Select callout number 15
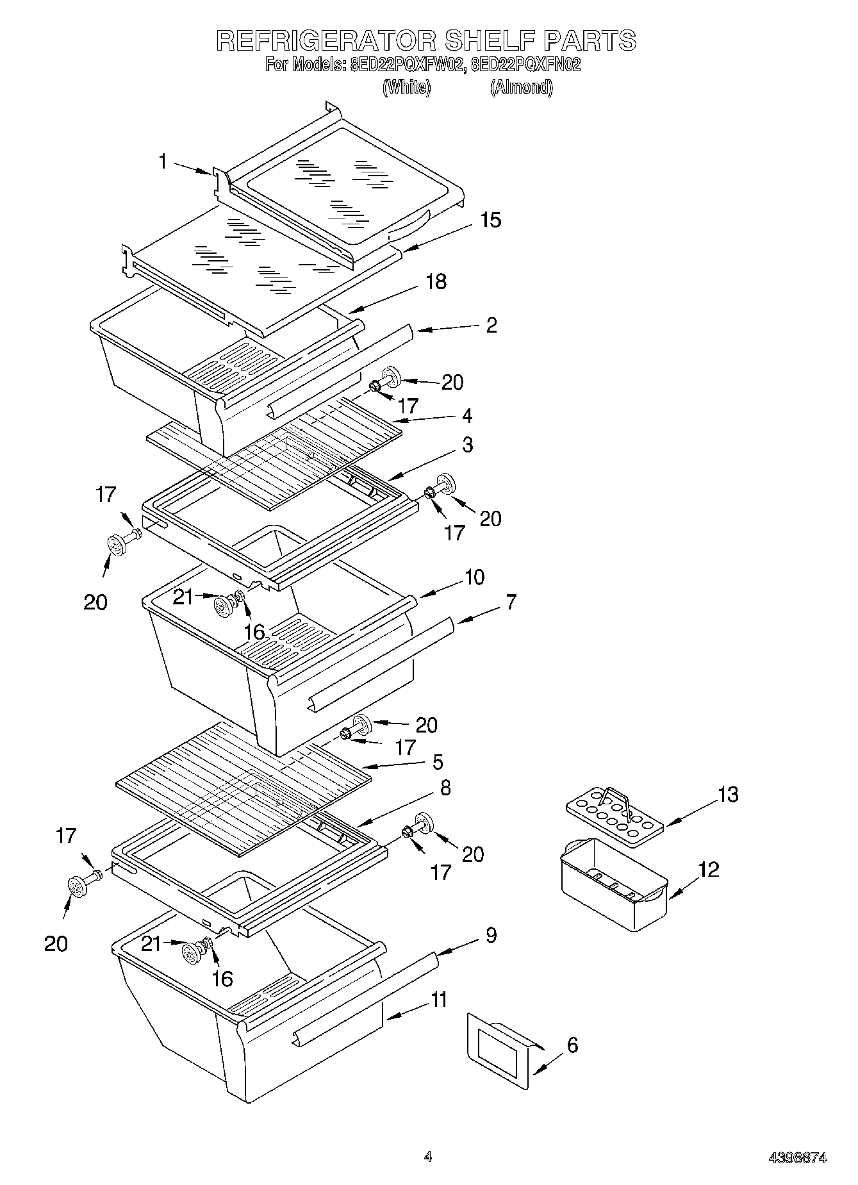coord(490,220)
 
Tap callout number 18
coord(436,282)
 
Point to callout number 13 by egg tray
coord(728,795)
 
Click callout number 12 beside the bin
coord(709,870)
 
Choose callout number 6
coord(572,1045)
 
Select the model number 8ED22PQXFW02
coord(406,65)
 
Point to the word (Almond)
coord(521,87)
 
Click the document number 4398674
coord(797,1157)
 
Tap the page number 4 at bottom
coord(427,1157)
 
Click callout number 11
coord(438,1000)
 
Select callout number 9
coord(490,935)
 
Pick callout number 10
coord(474,577)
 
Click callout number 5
coord(437,762)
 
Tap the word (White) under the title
coord(406,87)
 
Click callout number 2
coord(491,325)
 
